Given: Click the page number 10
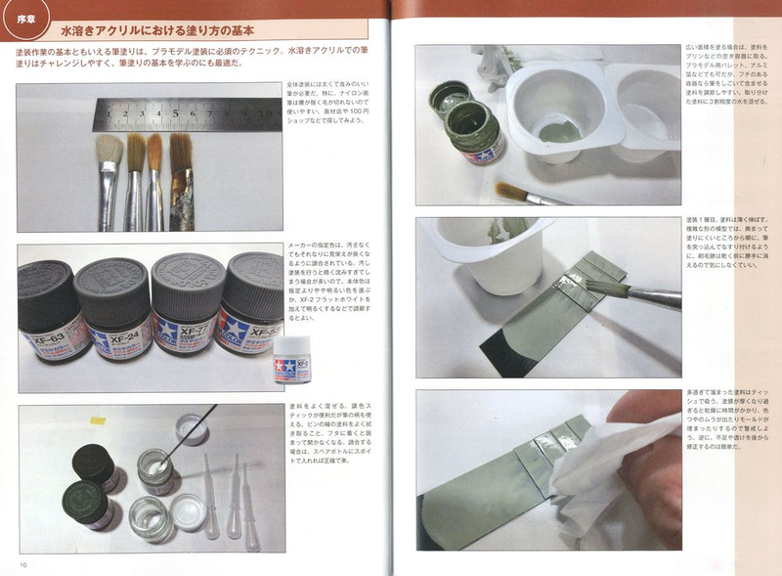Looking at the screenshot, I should tap(22, 564).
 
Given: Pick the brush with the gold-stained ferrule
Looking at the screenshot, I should tap(180, 186).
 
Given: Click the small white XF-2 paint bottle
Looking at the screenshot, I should tap(289, 360).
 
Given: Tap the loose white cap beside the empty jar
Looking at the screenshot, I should tap(188, 510).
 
